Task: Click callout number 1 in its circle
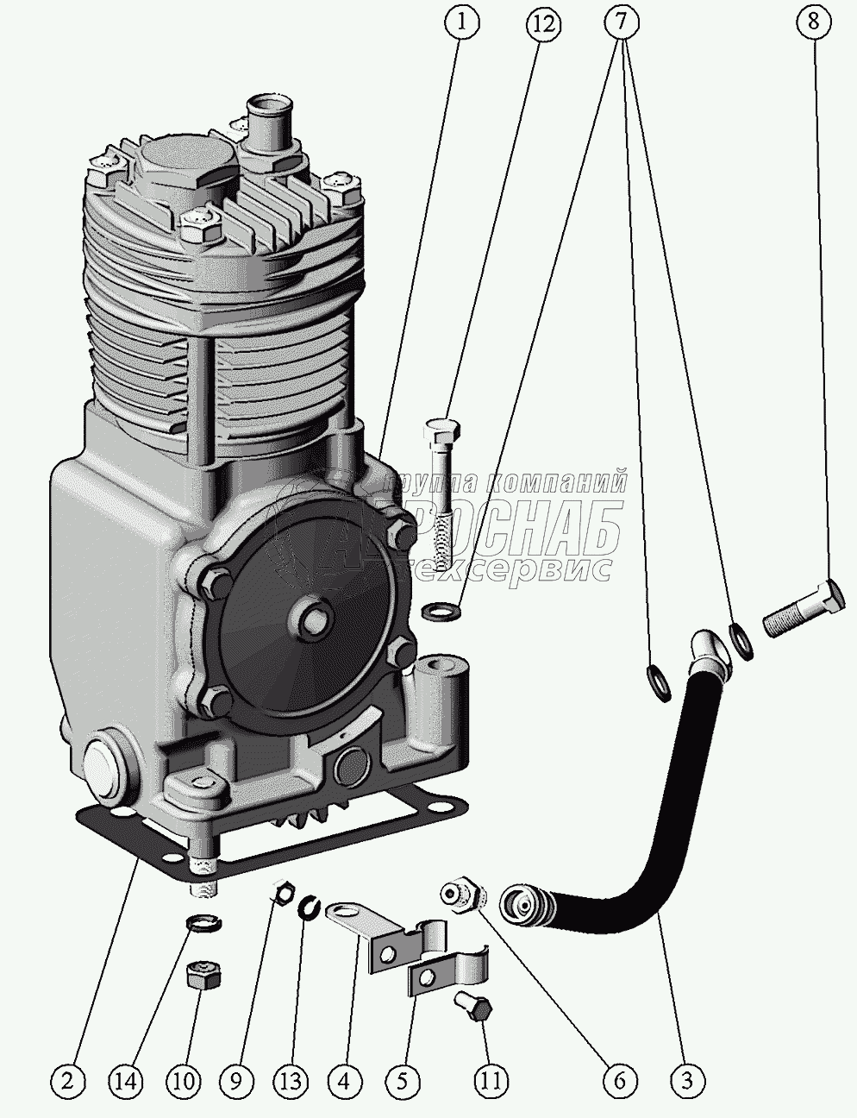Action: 463,23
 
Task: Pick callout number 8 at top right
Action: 813,23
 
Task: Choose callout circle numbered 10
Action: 185,1078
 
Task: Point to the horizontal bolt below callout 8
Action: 802,609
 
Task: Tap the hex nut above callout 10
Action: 203,977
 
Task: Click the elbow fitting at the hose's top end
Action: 709,650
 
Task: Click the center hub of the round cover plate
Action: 316,618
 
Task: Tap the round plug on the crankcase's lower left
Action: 106,765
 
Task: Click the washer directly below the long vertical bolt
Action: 441,612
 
